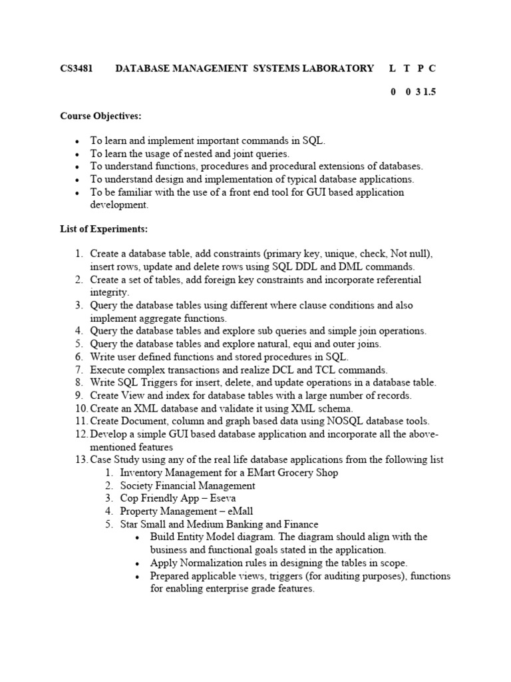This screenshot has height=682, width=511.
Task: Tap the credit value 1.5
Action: [x=427, y=93]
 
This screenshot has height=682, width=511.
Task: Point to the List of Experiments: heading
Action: [x=104, y=229]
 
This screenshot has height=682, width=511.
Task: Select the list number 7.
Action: [x=79, y=370]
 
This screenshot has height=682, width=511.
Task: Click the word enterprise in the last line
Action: [x=229, y=588]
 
